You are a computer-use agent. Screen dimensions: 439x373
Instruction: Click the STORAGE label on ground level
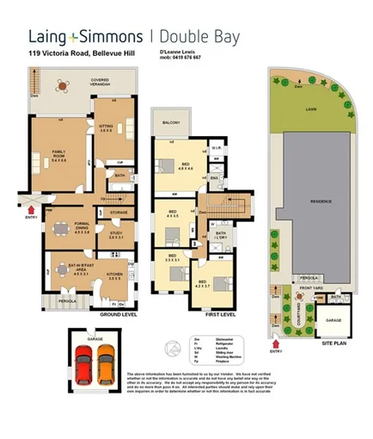point(119,212)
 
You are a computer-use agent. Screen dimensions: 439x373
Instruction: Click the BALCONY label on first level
point(170,123)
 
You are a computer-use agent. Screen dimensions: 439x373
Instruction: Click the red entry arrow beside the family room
point(33,207)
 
